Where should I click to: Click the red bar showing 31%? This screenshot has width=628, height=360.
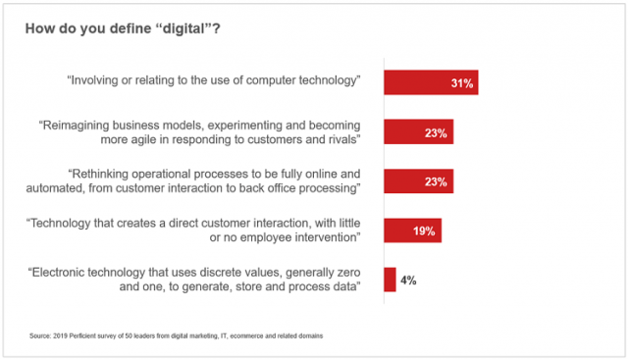tap(430, 83)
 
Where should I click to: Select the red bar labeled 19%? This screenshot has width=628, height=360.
tap(412, 231)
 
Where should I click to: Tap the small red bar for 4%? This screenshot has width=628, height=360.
tap(390, 281)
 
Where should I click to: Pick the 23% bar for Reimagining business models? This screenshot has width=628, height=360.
tap(418, 132)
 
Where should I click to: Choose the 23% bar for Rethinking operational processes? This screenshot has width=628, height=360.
tap(418, 181)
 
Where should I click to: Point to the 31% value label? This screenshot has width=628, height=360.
tap(462, 84)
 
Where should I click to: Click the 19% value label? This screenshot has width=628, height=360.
tap(426, 232)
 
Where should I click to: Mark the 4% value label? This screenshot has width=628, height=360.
tap(408, 281)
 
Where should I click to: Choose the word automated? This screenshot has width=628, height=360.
tap(87, 189)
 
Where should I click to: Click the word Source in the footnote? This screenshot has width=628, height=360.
tap(40, 336)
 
